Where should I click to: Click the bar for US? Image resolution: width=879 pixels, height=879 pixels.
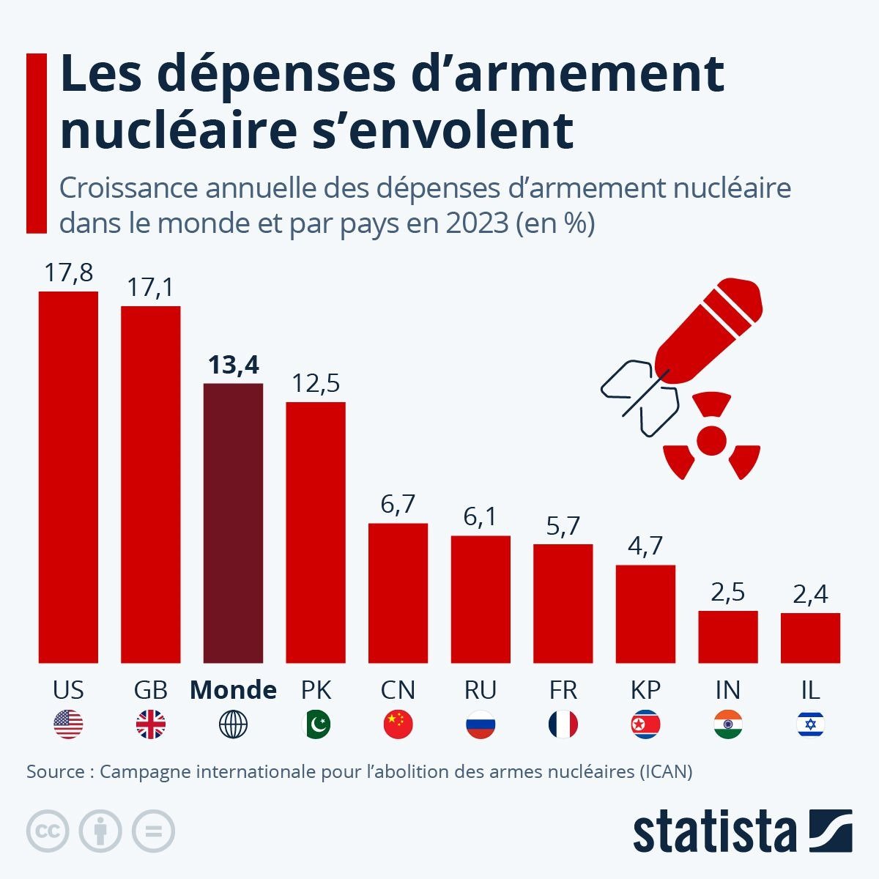click(68, 476)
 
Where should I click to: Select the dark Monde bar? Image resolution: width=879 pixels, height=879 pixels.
click(233, 522)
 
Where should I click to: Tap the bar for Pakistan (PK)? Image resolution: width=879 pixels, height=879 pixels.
click(316, 532)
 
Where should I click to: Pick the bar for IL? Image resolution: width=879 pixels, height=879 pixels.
click(810, 637)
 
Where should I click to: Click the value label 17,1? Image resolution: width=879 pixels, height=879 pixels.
click(150, 287)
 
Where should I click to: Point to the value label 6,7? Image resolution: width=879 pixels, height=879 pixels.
click(398, 504)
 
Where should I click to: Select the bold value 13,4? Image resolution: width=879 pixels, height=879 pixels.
click(233, 365)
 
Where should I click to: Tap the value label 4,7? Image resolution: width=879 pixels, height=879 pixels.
click(645, 546)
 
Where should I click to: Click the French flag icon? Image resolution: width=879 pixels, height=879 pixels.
click(563, 725)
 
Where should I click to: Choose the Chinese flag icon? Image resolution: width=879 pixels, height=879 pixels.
click(398, 725)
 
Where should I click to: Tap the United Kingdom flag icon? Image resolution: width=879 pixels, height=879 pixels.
click(151, 725)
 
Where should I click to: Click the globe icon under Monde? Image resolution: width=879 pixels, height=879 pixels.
click(233, 725)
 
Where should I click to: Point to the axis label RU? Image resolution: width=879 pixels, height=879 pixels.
click(481, 690)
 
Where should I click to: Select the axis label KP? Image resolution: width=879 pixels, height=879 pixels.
click(645, 690)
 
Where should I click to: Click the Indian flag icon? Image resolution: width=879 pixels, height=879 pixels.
click(727, 725)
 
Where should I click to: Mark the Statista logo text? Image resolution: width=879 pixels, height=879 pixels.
click(714, 832)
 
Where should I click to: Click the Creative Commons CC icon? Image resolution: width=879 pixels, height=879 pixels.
click(48, 831)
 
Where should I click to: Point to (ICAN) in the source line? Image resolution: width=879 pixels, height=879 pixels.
click(664, 771)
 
